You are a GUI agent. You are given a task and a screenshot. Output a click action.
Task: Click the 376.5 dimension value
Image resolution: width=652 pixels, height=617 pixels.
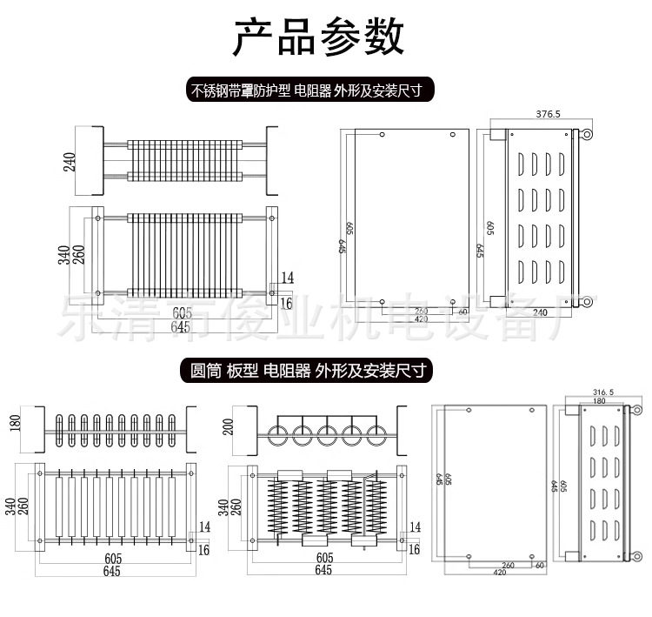(548, 114)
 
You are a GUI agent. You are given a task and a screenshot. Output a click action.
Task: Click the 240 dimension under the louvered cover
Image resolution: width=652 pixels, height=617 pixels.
(539, 312)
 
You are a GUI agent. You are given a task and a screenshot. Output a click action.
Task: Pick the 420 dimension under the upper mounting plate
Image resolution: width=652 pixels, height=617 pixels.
(421, 319)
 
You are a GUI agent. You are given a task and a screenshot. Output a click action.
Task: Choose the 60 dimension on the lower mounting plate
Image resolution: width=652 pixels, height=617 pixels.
(540, 565)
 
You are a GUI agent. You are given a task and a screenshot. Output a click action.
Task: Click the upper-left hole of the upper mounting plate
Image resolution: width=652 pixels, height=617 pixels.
(383, 135)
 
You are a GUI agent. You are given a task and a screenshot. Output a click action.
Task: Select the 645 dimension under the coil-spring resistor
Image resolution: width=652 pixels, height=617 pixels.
(323, 570)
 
